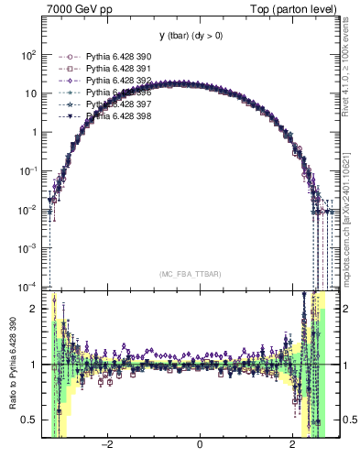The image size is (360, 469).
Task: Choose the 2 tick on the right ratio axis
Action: [344, 309]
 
